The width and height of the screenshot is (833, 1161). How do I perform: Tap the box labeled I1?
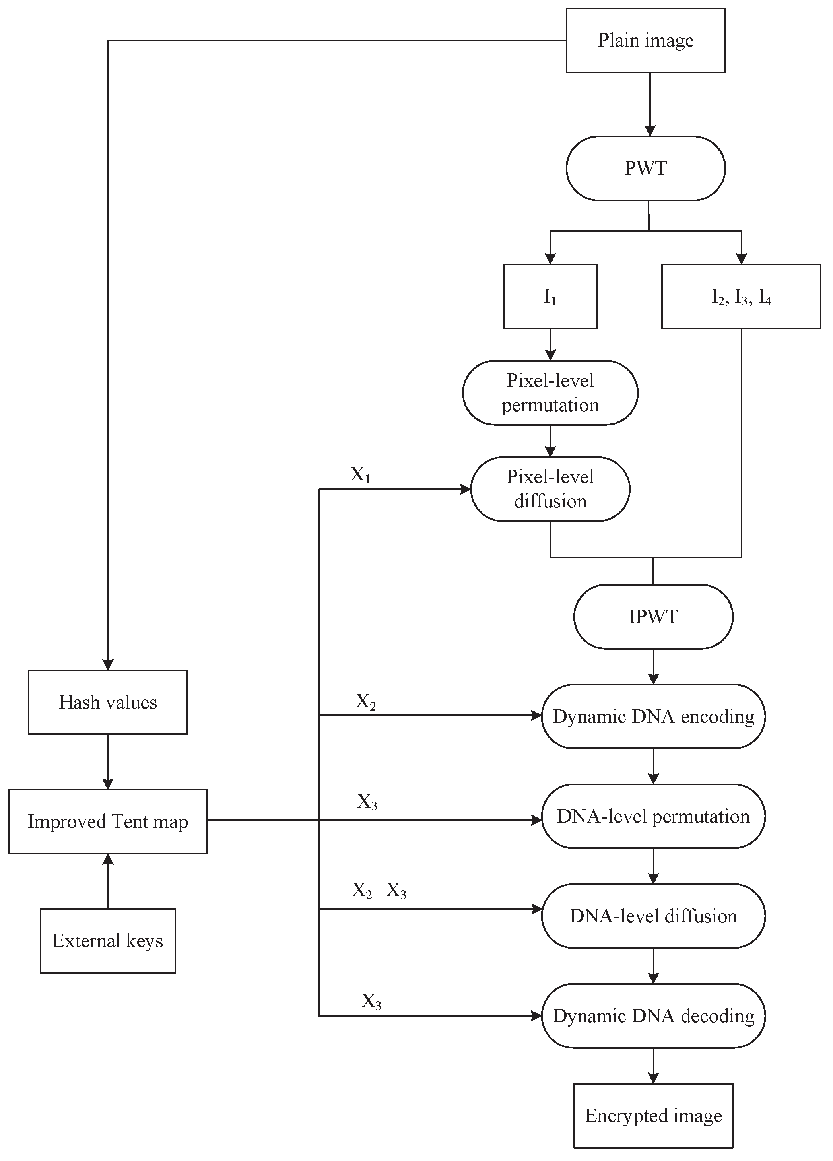tap(550, 296)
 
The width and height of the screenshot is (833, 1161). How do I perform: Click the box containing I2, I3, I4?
tap(742, 296)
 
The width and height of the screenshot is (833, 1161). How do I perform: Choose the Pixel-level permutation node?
tap(550, 392)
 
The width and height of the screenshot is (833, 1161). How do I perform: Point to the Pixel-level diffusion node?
tap(550, 489)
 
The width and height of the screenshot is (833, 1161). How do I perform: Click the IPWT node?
tap(653, 617)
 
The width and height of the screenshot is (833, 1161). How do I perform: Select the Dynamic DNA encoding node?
tap(653, 716)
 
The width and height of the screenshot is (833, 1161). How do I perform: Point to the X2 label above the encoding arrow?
tap(365, 701)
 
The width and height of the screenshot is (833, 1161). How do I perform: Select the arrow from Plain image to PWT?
tap(650, 105)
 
